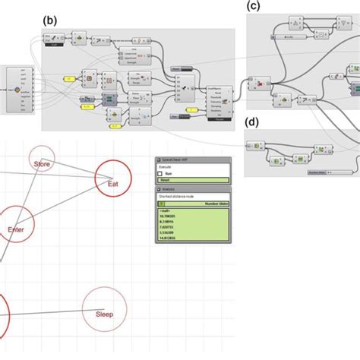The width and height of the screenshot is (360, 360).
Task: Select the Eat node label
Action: pos(112,183)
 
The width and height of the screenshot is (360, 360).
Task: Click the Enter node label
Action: pos(16,229)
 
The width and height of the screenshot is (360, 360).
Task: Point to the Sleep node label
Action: pos(104,313)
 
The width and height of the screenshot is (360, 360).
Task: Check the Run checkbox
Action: pos(159,173)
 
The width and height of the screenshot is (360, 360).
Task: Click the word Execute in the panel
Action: pos(164,166)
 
